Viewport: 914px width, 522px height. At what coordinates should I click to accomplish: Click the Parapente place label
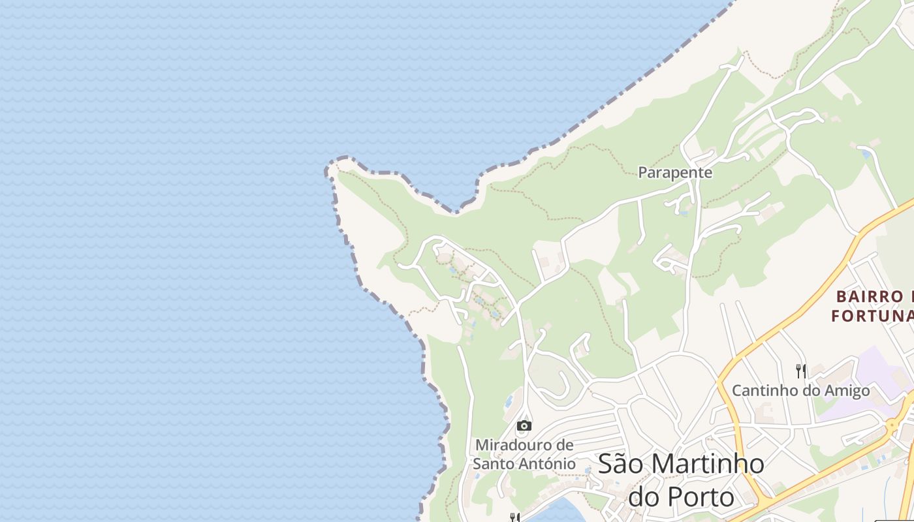(x=674, y=173)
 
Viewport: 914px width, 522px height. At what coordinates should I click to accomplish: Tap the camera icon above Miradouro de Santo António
(x=524, y=426)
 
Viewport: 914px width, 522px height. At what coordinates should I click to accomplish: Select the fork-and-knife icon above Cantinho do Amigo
(x=800, y=371)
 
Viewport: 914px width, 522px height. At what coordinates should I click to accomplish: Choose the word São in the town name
(x=622, y=464)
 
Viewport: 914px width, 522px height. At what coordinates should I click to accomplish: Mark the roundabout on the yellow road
(x=892, y=425)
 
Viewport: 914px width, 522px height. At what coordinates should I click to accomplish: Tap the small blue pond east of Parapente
(x=866, y=155)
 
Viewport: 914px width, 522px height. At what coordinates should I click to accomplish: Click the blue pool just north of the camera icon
(x=509, y=400)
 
